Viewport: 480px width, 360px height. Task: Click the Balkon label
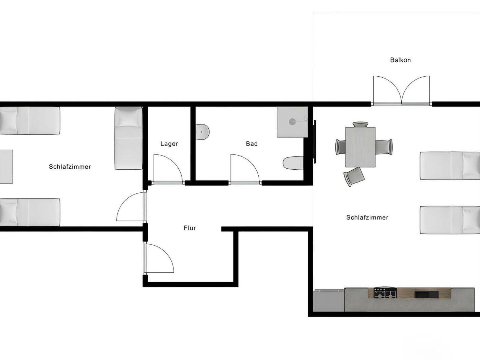(400, 60)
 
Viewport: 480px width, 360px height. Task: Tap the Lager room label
(169, 144)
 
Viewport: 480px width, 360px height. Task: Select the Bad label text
(252, 144)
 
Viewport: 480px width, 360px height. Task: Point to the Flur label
(190, 228)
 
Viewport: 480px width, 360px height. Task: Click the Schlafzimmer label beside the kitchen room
(367, 217)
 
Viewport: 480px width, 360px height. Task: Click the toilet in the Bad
(293, 163)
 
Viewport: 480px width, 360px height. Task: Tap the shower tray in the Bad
(292, 122)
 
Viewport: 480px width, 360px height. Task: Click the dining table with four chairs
(360, 147)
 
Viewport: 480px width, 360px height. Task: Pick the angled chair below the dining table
(354, 176)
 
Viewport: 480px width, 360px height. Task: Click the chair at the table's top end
(360, 125)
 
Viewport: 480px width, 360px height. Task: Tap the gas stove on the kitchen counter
(385, 293)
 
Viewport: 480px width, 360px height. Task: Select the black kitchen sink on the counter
(424, 294)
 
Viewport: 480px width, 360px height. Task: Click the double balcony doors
(401, 90)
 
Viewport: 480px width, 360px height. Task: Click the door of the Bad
(244, 169)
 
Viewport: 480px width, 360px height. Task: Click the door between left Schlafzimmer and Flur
(131, 207)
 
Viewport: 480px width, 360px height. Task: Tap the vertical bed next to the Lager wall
(128, 138)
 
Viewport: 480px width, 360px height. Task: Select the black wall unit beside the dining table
(315, 141)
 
